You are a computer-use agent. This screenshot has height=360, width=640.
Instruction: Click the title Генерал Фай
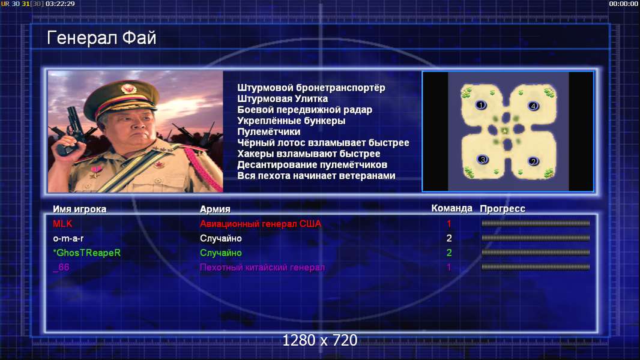tap(101, 38)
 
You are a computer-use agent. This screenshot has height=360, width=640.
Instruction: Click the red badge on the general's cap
tap(128, 88)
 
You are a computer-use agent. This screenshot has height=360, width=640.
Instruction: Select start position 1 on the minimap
tap(481, 105)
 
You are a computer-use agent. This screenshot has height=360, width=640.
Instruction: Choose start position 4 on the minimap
tap(533, 106)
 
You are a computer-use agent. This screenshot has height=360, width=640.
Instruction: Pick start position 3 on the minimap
tap(483, 160)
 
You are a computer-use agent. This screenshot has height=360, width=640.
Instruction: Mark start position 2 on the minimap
tap(533, 161)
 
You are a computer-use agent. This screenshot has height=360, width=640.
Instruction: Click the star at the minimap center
tap(506, 131)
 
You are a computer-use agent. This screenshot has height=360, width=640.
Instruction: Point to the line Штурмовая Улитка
tap(282, 98)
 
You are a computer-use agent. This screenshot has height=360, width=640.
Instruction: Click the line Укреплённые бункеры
tap(291, 121)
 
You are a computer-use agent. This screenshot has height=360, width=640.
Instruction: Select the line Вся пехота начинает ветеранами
tap(316, 176)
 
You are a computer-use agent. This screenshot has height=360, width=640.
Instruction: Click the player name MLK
tap(62, 223)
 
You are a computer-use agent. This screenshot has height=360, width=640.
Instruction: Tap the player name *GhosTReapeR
tap(87, 253)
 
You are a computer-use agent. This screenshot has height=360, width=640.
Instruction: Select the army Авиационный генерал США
tap(261, 223)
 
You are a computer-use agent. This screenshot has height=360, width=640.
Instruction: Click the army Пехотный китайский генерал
tap(262, 268)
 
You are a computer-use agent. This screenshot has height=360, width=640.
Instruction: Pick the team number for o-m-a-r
tap(449, 238)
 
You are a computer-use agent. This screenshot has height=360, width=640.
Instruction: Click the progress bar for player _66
tap(536, 267)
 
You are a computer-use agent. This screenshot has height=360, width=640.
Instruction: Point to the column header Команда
tap(452, 208)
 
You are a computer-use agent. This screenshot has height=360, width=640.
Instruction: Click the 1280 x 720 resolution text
tap(320, 340)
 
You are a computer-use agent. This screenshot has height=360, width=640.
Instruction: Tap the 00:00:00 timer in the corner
tap(623, 4)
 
